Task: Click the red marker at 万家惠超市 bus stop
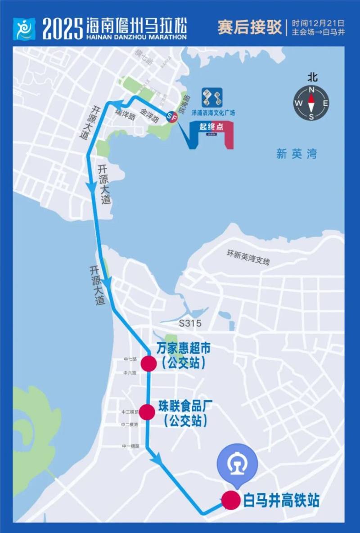pos(148,363)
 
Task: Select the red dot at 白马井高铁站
pos(231,500)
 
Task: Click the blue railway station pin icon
pos(237,466)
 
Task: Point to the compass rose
pos(311,103)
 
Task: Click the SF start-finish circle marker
pos(172,116)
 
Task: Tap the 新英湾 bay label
pos(297,154)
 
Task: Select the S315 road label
pos(190,323)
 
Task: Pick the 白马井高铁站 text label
pos(281,500)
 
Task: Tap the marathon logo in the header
pos(24,29)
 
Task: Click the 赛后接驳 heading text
pos(249,27)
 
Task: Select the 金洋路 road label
pos(149,115)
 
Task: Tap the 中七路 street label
pos(131,359)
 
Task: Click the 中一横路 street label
pos(130,446)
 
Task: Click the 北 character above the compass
pos(312,77)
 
